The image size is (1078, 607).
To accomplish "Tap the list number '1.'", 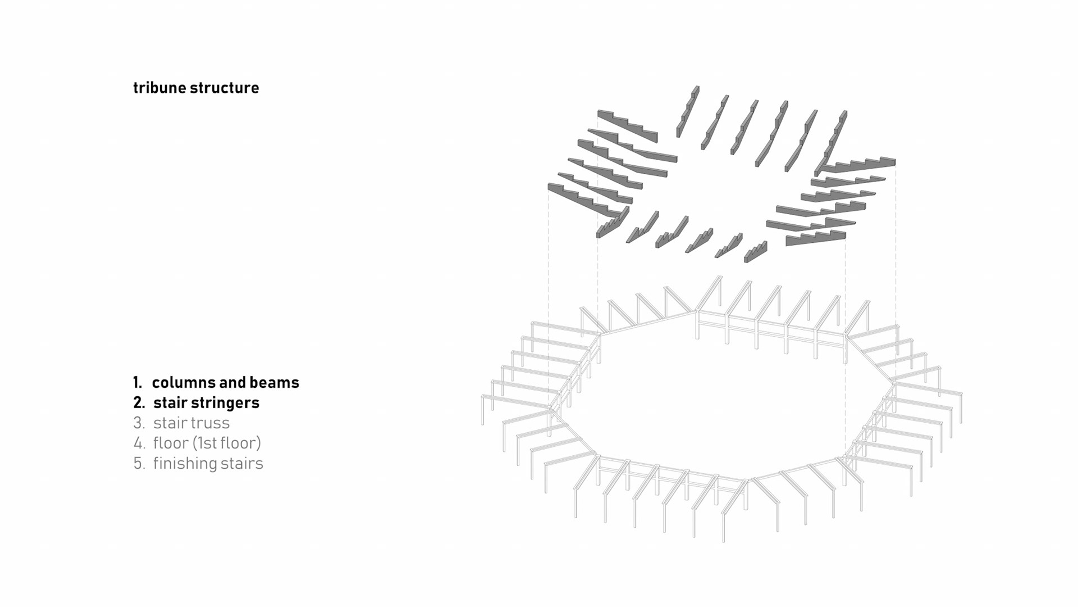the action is (138, 383).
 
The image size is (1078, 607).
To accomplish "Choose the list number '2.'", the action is (139, 403).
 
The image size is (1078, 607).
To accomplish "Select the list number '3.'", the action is (139, 423).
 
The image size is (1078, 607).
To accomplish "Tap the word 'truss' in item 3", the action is (210, 423).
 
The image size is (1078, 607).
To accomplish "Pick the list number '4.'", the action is (139, 443).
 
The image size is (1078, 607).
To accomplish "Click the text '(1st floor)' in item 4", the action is (227, 443).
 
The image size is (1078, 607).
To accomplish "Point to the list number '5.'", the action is (139, 464).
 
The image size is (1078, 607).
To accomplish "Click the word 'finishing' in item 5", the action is (185, 464).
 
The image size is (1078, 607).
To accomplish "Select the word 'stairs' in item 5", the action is (242, 464).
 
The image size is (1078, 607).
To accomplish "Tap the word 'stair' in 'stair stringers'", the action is (170, 403).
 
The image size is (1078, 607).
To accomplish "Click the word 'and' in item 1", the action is (232, 383).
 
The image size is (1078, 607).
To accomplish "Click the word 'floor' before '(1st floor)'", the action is (171, 443).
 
